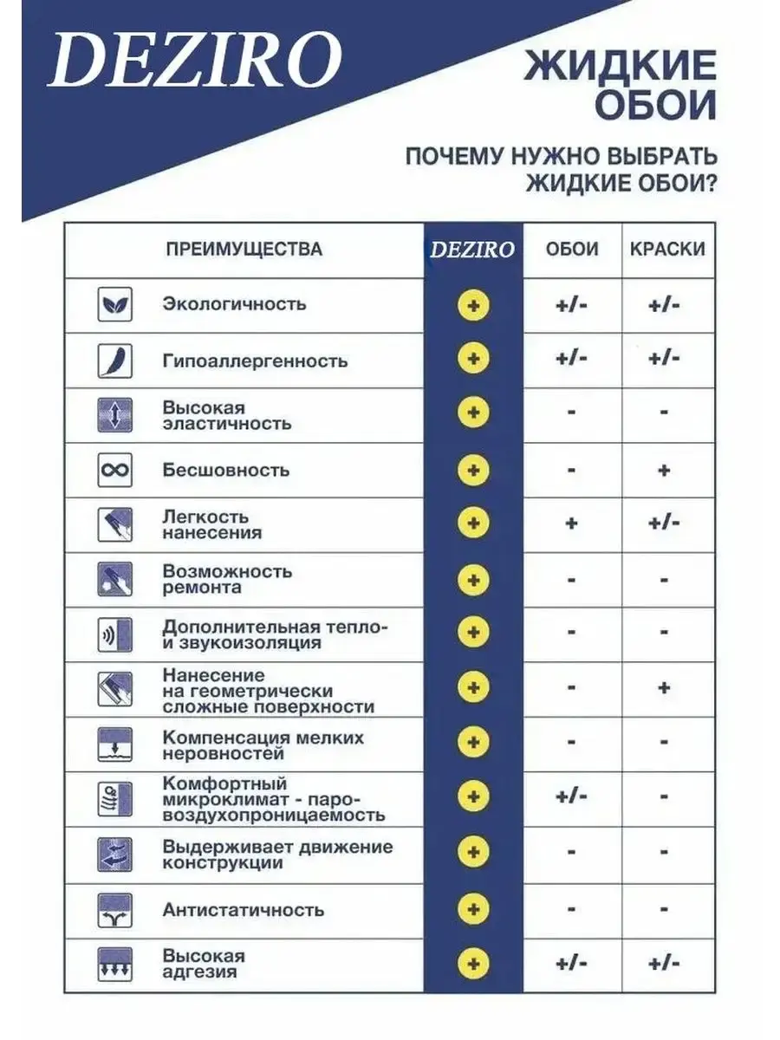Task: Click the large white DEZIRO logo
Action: click(x=194, y=63)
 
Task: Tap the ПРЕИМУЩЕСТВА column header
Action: click(x=244, y=250)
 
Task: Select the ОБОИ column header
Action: click(x=572, y=250)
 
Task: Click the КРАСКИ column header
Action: click(x=667, y=250)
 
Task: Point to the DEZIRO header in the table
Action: click(x=473, y=250)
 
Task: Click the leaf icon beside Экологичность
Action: click(x=114, y=305)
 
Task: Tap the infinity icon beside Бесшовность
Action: click(x=114, y=471)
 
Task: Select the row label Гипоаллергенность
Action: click(x=255, y=361)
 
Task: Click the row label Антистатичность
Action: click(x=244, y=910)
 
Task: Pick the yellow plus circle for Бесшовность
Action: click(x=473, y=471)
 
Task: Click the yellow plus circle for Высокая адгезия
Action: click(x=473, y=964)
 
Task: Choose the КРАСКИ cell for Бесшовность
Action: click(x=664, y=471)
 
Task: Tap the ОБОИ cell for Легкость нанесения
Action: click(x=572, y=524)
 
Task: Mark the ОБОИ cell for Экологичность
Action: click(x=572, y=305)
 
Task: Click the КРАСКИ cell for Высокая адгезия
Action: click(x=664, y=964)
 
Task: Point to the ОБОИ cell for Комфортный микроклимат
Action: click(x=572, y=796)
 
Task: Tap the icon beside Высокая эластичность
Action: click(x=114, y=415)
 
